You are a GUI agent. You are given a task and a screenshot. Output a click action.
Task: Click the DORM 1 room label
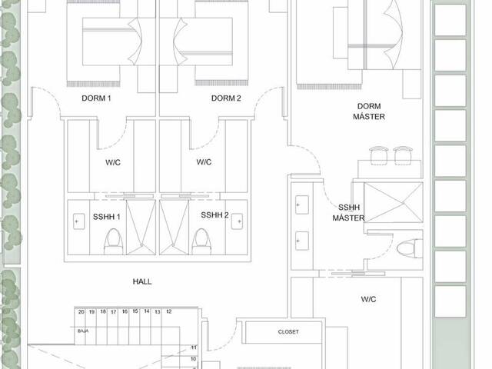pyautogui.click(x=96, y=98)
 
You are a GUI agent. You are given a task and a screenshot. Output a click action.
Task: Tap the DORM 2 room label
pyautogui.click(x=226, y=98)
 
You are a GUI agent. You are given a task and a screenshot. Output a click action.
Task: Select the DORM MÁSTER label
pyautogui.click(x=369, y=111)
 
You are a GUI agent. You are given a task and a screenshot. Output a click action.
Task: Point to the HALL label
pyautogui.click(x=142, y=281)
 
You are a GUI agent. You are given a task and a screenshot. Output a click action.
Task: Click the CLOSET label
pyautogui.click(x=288, y=331)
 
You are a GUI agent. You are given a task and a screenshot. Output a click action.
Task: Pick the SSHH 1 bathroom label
pyautogui.click(x=106, y=217)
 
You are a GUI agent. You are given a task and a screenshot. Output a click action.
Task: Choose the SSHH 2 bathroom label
pyautogui.click(x=214, y=215)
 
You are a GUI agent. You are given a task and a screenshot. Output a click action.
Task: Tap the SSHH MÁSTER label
pyautogui.click(x=348, y=212)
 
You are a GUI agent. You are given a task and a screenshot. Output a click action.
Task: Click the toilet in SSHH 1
pyautogui.click(x=113, y=241)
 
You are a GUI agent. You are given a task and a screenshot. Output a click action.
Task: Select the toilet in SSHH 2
pyautogui.click(x=201, y=241)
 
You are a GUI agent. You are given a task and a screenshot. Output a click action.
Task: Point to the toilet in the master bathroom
pyautogui.click(x=410, y=248)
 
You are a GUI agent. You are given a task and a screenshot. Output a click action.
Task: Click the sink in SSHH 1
pyautogui.click(x=78, y=221)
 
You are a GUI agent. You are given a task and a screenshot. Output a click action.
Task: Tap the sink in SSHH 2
pyautogui.click(x=237, y=221)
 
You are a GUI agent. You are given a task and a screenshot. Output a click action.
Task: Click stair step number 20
pyautogui.click(x=81, y=312)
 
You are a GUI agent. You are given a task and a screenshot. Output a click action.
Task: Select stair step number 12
pyautogui.click(x=169, y=311)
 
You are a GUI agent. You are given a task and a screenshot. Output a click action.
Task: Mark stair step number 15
pyautogui.click(x=135, y=311)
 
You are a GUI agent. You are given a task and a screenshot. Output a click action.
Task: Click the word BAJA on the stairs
pyautogui.click(x=83, y=331)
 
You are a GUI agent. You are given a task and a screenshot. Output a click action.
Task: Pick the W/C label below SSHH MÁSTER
pyautogui.click(x=368, y=299)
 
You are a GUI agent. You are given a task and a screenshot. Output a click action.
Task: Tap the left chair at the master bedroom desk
pyautogui.click(x=379, y=155)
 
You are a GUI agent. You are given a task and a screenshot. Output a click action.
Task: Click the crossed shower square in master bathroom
pyautogui.click(x=394, y=202)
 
